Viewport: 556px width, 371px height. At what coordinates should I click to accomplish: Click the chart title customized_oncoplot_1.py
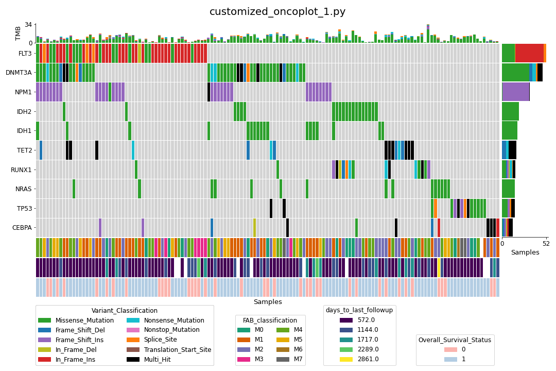(x=277, y=12)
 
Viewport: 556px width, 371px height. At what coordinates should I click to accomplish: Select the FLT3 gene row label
(x=25, y=53)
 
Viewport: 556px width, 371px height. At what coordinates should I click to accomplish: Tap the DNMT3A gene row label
(x=19, y=73)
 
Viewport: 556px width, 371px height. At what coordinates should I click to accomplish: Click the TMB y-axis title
(x=19, y=33)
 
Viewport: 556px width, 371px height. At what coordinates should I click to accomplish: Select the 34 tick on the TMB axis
(x=29, y=25)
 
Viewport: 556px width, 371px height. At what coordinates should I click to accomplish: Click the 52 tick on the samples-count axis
(x=545, y=244)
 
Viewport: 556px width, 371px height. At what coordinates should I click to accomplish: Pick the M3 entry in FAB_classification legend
(x=259, y=359)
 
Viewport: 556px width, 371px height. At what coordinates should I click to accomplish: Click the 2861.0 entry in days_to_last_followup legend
(x=368, y=359)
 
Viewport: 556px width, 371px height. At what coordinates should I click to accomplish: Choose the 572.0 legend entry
(x=366, y=320)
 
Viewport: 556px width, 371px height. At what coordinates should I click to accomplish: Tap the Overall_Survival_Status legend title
(x=455, y=340)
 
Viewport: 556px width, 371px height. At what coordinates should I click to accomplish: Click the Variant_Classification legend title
(x=125, y=311)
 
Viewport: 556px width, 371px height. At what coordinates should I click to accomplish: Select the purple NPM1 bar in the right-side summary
(x=515, y=92)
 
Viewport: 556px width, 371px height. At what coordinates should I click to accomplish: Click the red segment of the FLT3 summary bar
(x=529, y=53)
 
